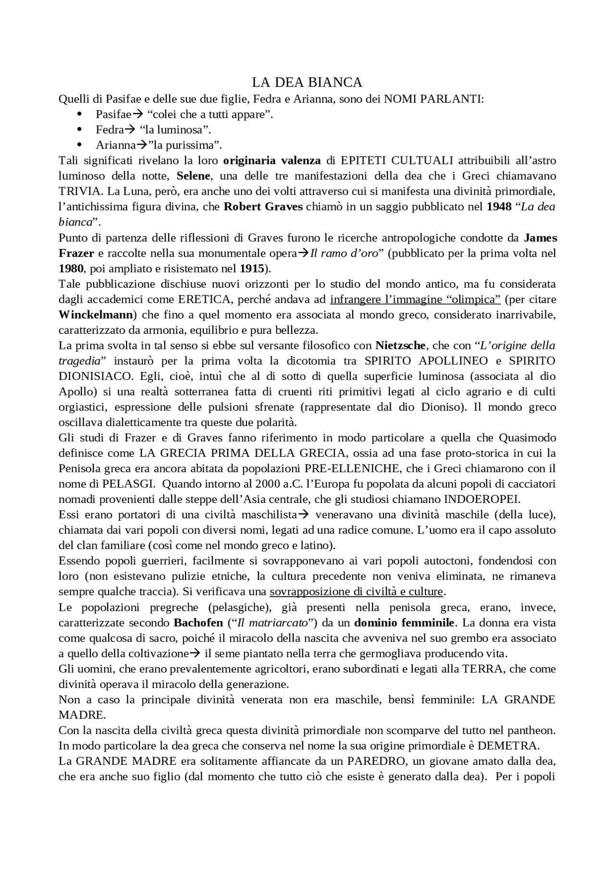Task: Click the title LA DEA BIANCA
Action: (307, 83)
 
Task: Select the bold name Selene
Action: (193, 176)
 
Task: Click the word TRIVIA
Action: (80, 191)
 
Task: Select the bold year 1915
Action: (252, 268)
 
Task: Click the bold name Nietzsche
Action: (400, 345)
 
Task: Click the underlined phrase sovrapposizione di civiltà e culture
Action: (357, 591)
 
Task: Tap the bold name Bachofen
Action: (198, 623)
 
